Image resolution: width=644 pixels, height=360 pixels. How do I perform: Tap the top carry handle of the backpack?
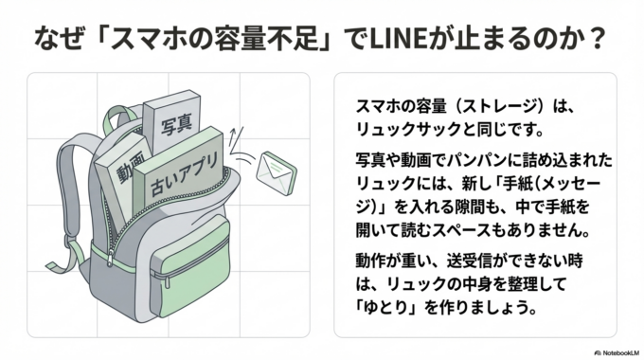tap(115, 123)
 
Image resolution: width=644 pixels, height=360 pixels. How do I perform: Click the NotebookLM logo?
tap(608, 349)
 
